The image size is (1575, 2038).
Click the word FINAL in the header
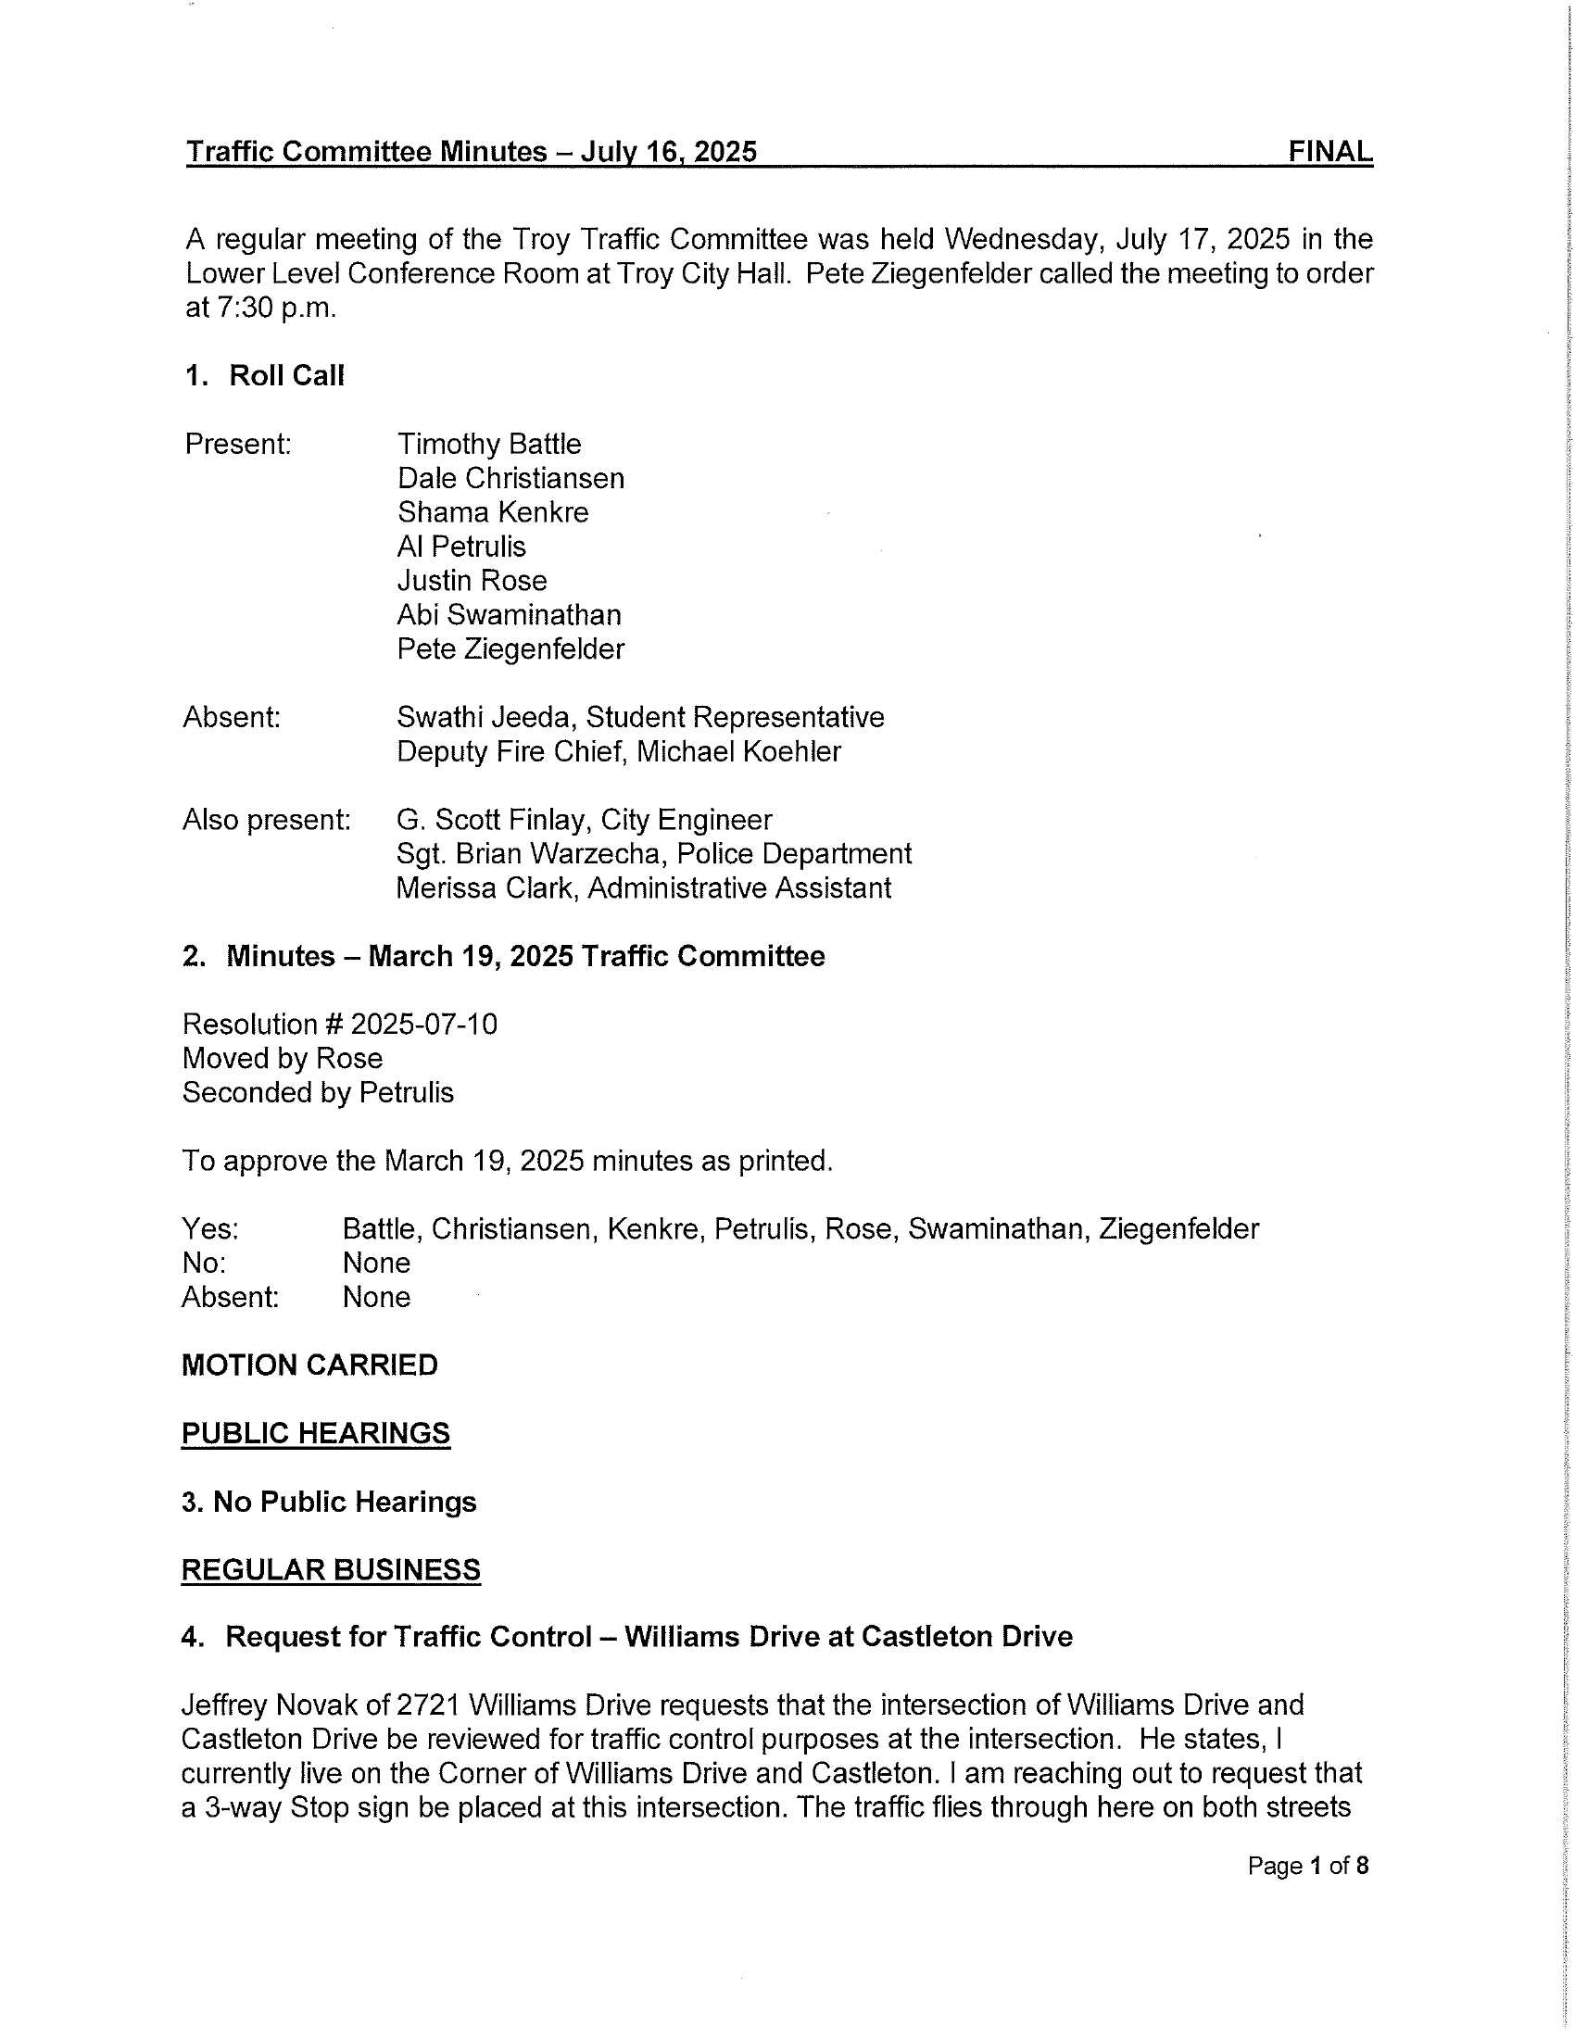click(x=1329, y=151)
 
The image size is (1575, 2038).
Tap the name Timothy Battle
click(x=489, y=444)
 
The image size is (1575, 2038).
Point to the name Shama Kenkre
click(x=493, y=512)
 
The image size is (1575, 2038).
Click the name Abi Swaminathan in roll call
click(x=509, y=615)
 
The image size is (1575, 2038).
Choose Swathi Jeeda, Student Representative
click(x=640, y=717)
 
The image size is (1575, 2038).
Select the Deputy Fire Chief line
click(x=619, y=751)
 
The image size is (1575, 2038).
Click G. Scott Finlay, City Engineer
click(x=584, y=819)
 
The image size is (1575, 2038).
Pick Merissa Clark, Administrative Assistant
click(x=643, y=887)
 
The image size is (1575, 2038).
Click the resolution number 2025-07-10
click(x=423, y=1025)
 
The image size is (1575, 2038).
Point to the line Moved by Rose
click(x=282, y=1058)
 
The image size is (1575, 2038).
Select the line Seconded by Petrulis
click(x=317, y=1093)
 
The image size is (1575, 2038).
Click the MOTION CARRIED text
click(x=309, y=1365)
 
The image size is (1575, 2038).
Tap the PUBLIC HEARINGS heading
click(x=315, y=1433)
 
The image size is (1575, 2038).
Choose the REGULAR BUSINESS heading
click(x=331, y=1569)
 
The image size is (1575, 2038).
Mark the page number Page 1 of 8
click(x=1308, y=1866)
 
